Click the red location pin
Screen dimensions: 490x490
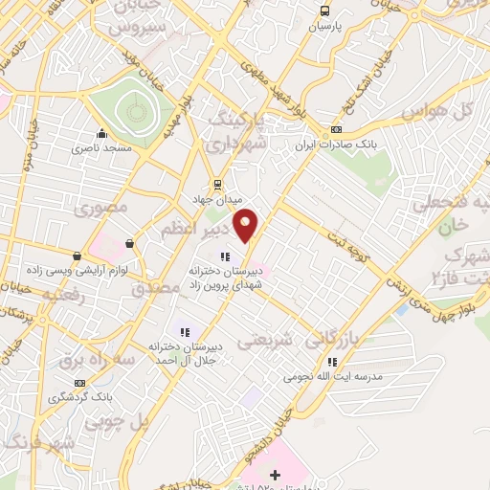(x=247, y=224)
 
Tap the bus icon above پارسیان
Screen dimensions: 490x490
(x=325, y=11)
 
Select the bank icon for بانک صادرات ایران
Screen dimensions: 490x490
(x=336, y=130)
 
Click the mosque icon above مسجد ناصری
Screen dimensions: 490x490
(x=101, y=134)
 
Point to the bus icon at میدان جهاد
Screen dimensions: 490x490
(x=219, y=184)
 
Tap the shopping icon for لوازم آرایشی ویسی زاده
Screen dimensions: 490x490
(x=78, y=256)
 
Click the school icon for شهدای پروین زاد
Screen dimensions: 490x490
(x=226, y=256)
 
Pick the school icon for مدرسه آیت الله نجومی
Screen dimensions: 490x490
(x=332, y=362)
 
